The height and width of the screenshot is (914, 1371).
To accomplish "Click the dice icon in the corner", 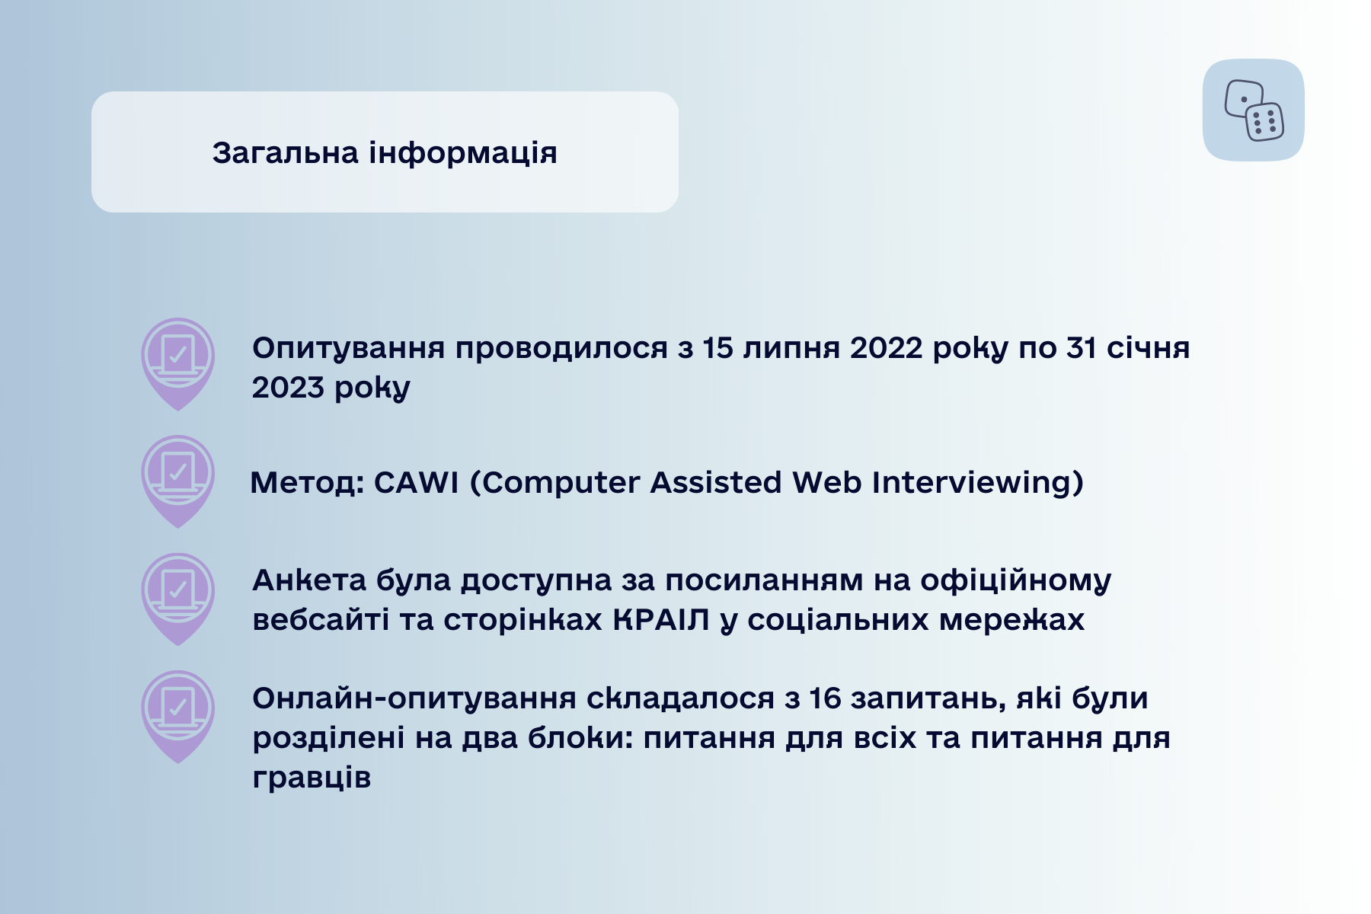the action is [x=1254, y=110].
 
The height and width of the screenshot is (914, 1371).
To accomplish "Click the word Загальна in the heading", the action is [x=285, y=153].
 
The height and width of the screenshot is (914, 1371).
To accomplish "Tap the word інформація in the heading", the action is [x=463, y=153].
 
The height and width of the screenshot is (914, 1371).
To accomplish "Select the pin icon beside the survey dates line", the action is [x=177, y=364].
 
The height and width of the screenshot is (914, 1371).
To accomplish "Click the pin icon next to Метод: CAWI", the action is [x=177, y=481].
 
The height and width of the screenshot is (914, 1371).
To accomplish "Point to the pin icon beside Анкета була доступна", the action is [x=177, y=599].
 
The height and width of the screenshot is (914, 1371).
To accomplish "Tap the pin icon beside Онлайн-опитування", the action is [x=177, y=717].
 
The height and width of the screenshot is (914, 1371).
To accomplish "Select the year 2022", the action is [x=887, y=348].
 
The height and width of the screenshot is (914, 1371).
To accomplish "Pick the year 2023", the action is [x=288, y=388].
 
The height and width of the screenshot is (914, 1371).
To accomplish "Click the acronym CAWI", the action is [x=416, y=482].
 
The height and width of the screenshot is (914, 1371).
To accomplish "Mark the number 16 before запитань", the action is [x=824, y=698].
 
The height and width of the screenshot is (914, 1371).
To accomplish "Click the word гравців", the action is [x=312, y=778].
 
